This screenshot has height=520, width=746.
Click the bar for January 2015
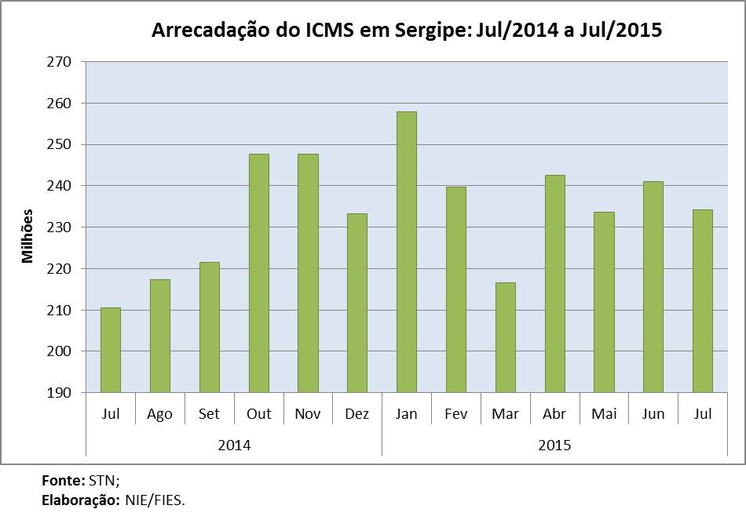click(x=406, y=252)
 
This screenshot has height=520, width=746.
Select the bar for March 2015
click(x=505, y=337)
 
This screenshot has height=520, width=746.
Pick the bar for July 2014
click(x=111, y=350)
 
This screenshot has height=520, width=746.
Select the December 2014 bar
click(x=357, y=303)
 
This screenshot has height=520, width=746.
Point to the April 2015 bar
click(x=554, y=283)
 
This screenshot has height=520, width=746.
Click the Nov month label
click(x=307, y=414)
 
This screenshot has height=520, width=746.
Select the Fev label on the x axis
click(x=455, y=414)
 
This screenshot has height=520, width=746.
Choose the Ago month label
click(x=159, y=414)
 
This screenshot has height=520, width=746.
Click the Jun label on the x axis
click(x=653, y=414)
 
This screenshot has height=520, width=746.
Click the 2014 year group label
click(x=234, y=445)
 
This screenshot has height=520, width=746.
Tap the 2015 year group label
click(x=554, y=445)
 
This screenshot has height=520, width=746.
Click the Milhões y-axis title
click(x=28, y=235)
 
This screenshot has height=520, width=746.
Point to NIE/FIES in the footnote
click(x=155, y=500)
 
